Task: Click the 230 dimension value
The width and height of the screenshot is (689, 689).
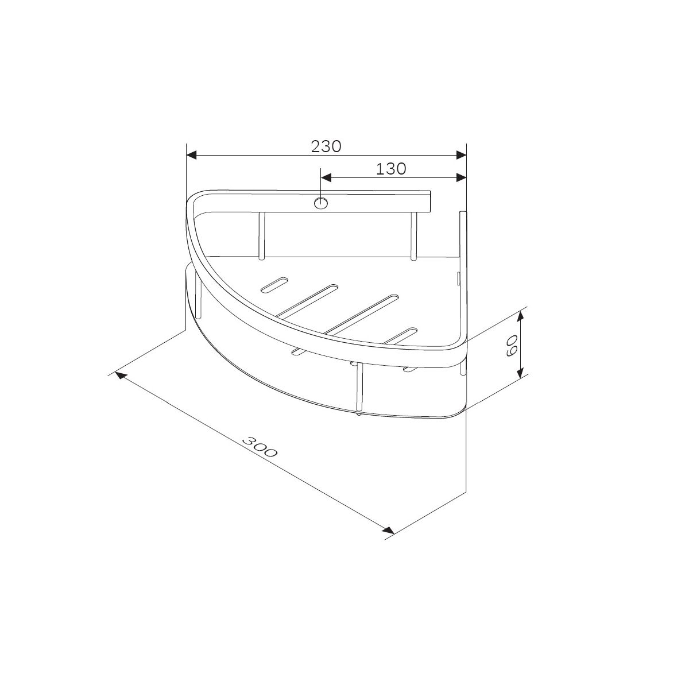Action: coord(326,146)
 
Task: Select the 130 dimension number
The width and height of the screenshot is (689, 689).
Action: coord(391,169)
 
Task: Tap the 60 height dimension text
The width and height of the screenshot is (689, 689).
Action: coord(512,346)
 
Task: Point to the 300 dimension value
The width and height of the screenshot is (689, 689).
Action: coord(259,447)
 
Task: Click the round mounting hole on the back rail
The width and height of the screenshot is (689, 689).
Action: coord(321,203)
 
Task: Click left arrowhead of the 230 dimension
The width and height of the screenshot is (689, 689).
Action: coord(192,155)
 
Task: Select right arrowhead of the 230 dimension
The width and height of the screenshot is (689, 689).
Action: coord(461,155)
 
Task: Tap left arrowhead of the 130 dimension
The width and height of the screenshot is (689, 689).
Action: coord(326,177)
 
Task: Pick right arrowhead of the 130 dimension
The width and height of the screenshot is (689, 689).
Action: coord(461,177)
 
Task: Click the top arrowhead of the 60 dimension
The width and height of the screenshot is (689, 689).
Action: coord(521,316)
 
